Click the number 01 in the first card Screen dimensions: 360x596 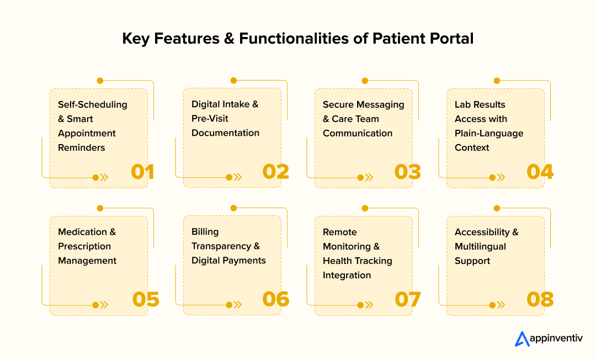pos(142,172)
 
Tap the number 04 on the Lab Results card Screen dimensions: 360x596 pos(540,172)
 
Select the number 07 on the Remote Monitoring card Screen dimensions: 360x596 pos(408,300)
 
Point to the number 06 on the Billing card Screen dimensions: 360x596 pos(275,300)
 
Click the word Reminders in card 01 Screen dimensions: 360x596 pos(81,147)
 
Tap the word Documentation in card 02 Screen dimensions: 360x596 pos(225,133)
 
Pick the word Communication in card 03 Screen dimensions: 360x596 pos(358,133)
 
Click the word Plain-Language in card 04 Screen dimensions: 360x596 pos(489,133)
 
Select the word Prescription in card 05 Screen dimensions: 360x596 pos(84,246)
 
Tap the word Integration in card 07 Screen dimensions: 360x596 pos(347,275)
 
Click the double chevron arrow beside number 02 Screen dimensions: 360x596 pos(238,177)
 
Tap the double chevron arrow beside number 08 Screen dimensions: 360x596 pos(501,305)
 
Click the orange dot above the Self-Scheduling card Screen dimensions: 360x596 pos(100,81)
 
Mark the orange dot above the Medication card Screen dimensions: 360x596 pos(100,208)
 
